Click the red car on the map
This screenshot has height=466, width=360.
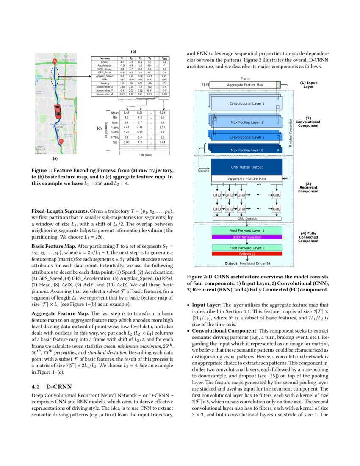(57, 112)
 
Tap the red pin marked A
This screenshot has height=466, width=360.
(54, 62)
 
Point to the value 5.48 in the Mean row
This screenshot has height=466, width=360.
(126, 113)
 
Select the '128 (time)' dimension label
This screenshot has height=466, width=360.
(145, 155)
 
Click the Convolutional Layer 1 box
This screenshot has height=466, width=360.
(246, 103)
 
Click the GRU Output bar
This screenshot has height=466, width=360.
(246, 219)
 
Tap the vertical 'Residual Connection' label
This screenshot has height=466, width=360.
(290, 127)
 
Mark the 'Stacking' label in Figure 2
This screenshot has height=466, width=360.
(204, 171)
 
